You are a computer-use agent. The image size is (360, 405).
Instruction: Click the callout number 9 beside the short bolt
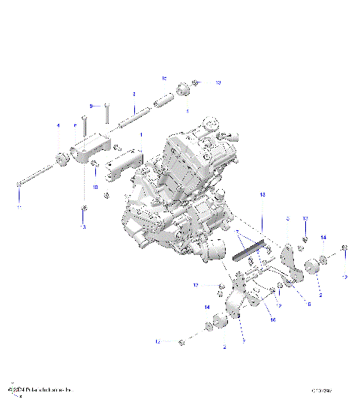pos(91,106)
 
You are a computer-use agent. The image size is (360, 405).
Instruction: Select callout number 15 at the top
pos(164,78)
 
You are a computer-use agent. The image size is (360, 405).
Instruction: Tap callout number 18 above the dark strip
pos(263,194)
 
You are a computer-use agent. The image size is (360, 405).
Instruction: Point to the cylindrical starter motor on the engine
pos(212,256)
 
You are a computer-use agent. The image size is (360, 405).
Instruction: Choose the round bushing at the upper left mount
pos(60,157)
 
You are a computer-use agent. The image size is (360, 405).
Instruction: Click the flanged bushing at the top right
pos(182,90)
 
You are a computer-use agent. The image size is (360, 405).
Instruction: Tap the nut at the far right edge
pos(345,249)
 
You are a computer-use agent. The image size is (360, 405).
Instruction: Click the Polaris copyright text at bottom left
pos(39,390)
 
